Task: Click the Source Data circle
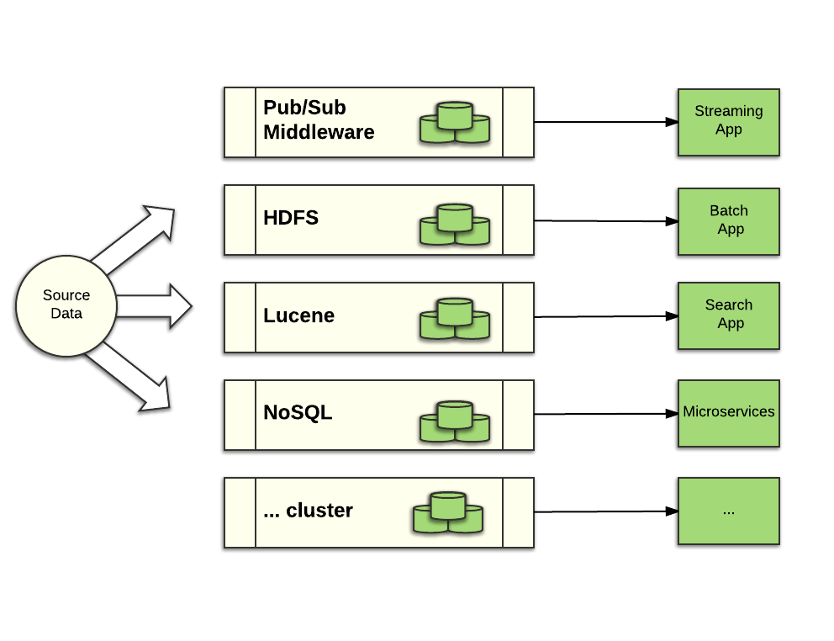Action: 66,305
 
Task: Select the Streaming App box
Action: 728,122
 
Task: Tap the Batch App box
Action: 728,220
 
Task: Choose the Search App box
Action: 728,315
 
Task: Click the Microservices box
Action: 728,412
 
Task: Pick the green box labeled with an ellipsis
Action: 728,511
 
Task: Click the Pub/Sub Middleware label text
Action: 319,120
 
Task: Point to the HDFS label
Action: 291,218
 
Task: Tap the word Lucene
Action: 298,315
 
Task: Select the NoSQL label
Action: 298,413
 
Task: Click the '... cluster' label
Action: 308,511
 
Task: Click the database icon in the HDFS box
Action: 455,224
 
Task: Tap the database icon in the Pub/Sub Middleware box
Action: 455,123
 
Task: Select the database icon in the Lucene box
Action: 455,319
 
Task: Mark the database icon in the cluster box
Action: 448,512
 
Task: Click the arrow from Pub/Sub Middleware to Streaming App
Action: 605,122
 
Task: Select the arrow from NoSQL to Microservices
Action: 605,414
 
